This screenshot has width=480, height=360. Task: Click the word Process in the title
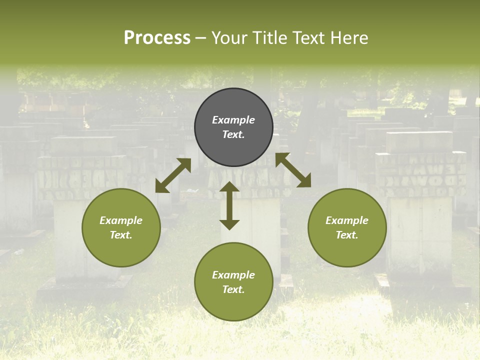(x=157, y=38)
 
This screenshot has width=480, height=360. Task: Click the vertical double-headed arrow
(x=229, y=205)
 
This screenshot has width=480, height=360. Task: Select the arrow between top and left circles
(x=173, y=175)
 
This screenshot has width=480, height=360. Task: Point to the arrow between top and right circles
(x=293, y=170)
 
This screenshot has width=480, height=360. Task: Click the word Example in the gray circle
(x=233, y=120)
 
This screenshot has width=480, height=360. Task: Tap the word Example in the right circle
(x=347, y=220)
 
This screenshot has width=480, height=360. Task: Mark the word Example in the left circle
(x=121, y=220)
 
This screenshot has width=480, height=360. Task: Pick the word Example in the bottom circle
(x=233, y=275)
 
